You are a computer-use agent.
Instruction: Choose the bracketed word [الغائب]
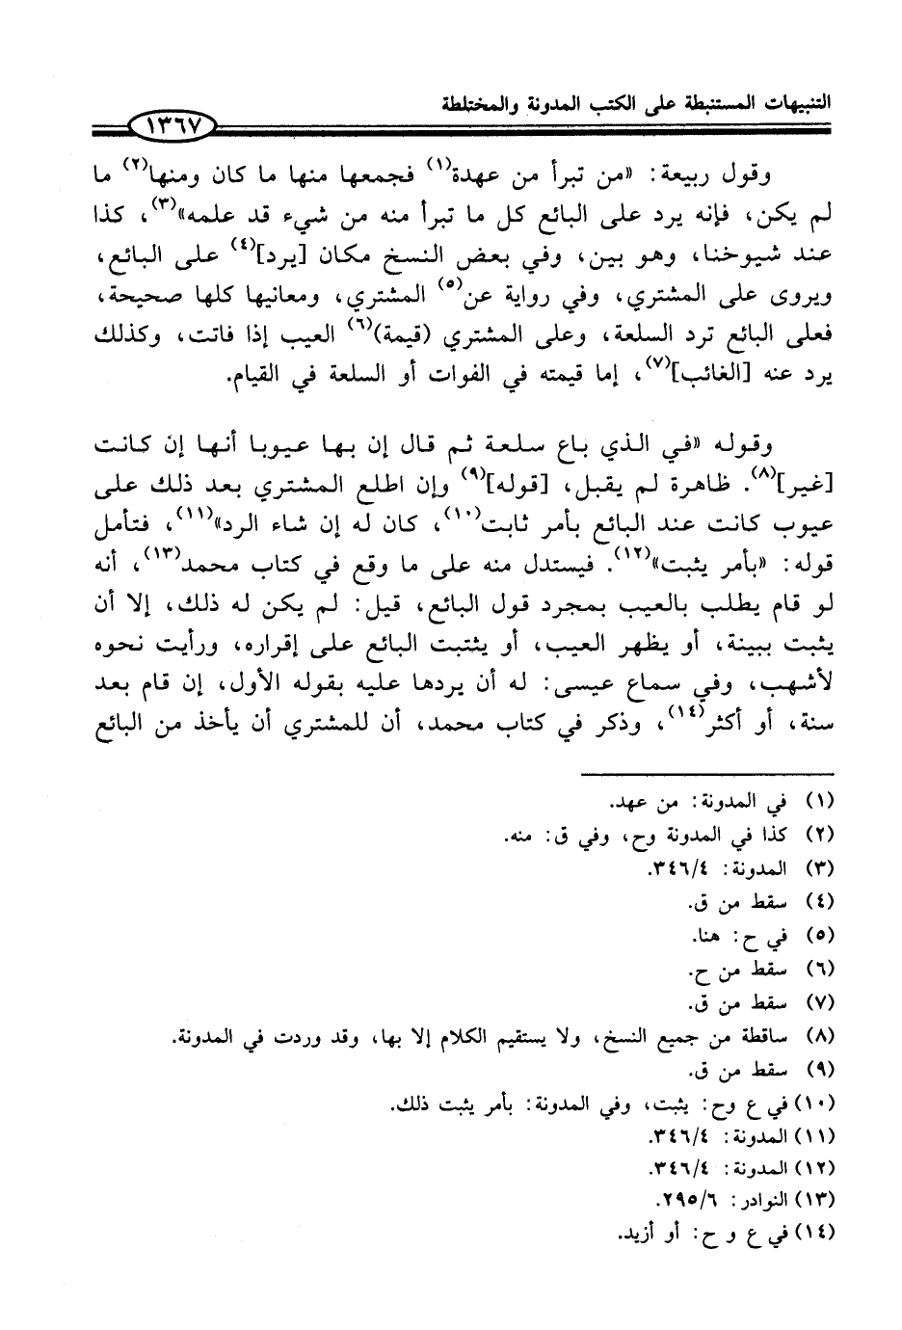click(723, 376)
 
